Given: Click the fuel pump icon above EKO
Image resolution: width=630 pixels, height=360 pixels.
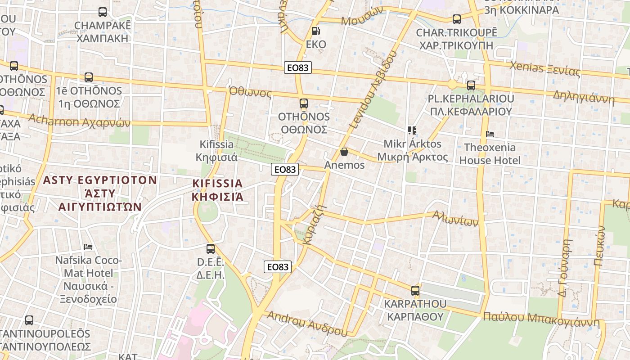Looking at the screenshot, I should pos(316,31).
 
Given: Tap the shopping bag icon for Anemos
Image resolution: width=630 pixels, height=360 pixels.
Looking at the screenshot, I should pos(344,152).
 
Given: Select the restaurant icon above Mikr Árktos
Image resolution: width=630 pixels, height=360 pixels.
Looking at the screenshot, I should pos(412,130).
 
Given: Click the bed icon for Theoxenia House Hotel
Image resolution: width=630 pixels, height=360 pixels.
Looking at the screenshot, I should pos(490,134).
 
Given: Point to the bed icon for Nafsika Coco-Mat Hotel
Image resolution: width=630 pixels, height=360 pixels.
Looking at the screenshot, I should pos(88,247).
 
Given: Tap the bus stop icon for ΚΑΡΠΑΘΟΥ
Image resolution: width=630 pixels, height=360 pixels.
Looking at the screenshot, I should pos(415,290).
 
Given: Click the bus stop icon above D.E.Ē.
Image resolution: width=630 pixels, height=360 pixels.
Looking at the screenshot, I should pos(210,248).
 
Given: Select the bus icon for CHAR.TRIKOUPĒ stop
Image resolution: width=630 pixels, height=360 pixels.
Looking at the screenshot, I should pos(457,19).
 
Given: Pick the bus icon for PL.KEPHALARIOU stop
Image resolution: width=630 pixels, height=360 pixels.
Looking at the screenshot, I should pos(471,85).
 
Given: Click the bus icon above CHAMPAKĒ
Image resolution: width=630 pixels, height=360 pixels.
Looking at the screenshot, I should pos(103,12).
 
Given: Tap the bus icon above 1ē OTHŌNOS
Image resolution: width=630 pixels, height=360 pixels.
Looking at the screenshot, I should pos(89,77).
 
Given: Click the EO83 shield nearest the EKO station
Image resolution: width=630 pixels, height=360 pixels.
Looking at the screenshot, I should pos(298,68).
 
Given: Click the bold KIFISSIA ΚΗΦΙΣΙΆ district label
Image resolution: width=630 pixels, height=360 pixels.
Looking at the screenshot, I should pos(217,190).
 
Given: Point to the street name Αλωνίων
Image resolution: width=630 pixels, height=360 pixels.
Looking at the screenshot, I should pos(455,219).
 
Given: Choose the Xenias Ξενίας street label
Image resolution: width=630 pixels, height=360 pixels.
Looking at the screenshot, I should pos(544,68).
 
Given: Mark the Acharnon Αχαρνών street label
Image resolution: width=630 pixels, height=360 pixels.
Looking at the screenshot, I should pos(79,121).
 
